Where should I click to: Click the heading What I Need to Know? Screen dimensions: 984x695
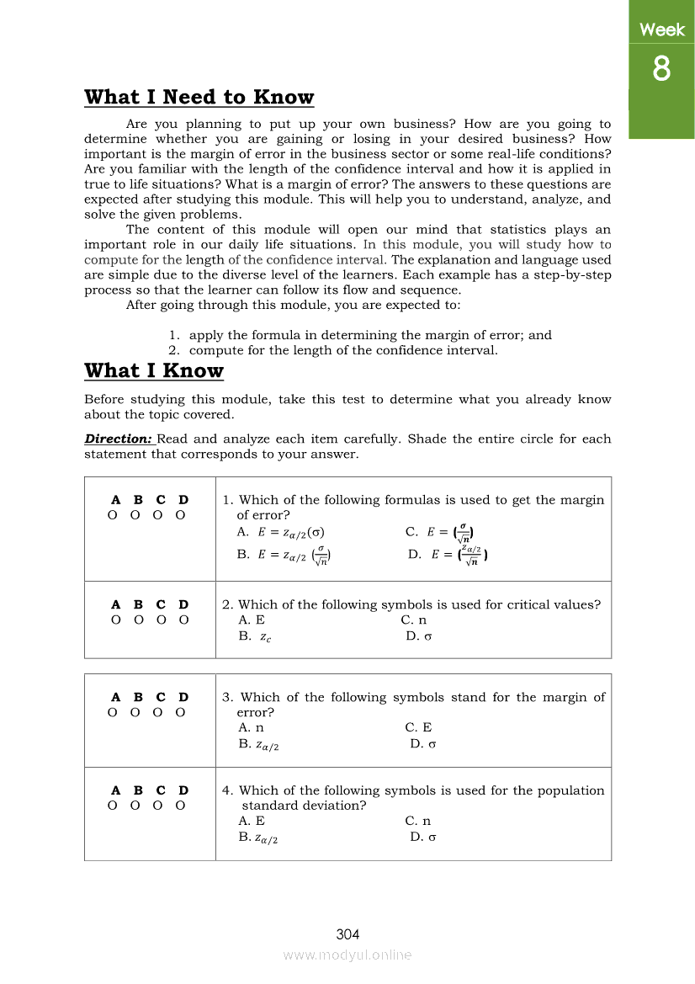click(x=199, y=98)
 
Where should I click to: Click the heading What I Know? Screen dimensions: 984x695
click(x=154, y=371)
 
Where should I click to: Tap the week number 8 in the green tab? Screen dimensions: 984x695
click(x=661, y=69)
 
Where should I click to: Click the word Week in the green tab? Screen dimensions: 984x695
click(x=661, y=30)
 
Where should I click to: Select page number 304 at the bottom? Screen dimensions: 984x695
click(x=347, y=934)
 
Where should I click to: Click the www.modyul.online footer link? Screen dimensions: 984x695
click(x=347, y=955)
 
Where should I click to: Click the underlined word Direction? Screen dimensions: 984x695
click(x=119, y=439)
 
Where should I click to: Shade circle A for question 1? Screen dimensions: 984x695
click(x=113, y=515)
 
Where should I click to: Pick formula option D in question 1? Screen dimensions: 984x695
click(x=448, y=554)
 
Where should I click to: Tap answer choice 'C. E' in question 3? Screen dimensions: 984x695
click(x=418, y=727)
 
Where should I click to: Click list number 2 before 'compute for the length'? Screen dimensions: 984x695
click(x=174, y=350)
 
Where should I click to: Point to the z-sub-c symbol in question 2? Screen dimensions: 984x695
click(x=265, y=637)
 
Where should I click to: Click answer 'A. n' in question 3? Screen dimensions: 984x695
click(x=251, y=727)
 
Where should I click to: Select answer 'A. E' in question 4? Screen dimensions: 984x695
click(x=252, y=821)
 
